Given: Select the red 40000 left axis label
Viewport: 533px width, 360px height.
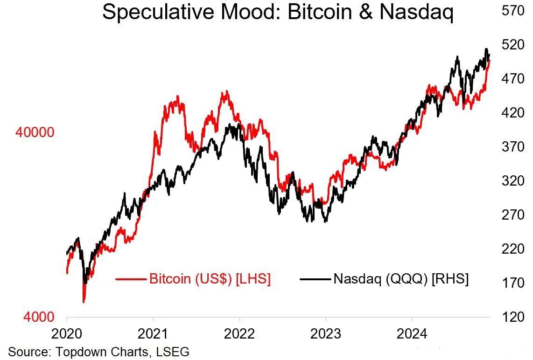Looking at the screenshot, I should [35, 132].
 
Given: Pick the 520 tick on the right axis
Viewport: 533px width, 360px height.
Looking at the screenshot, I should [513, 45].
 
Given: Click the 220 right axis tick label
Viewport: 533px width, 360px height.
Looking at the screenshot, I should [513, 249].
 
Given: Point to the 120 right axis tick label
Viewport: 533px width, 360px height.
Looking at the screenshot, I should [513, 317].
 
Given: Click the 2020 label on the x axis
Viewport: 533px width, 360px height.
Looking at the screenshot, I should [66, 334].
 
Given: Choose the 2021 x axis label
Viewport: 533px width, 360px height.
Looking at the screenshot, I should [153, 334].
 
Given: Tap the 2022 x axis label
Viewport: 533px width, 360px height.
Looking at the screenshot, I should [239, 334].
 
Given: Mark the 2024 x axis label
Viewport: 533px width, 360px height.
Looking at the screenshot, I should [412, 334].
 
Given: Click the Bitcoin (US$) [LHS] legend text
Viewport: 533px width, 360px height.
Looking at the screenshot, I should [210, 279].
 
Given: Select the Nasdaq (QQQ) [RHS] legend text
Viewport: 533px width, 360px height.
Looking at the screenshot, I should [401, 279].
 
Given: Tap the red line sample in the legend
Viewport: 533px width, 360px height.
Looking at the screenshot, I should [131, 279].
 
